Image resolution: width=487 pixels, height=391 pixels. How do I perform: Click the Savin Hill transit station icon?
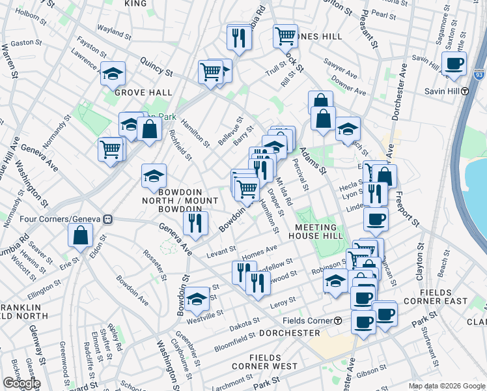point(466,91)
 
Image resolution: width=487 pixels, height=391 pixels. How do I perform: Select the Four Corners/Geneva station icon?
point(109,220)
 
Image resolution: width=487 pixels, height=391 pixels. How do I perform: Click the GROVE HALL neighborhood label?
point(137,93)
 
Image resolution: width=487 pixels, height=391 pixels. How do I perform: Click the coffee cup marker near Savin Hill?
point(454,64)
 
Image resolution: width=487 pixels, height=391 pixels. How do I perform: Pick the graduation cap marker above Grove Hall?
point(113,74)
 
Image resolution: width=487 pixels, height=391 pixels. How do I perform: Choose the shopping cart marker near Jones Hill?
point(285,37)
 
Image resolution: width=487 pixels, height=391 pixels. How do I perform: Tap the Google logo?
point(21,383)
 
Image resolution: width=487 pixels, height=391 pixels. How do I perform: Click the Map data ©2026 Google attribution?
point(447,386)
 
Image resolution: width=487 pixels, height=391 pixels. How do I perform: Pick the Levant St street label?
point(221,251)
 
